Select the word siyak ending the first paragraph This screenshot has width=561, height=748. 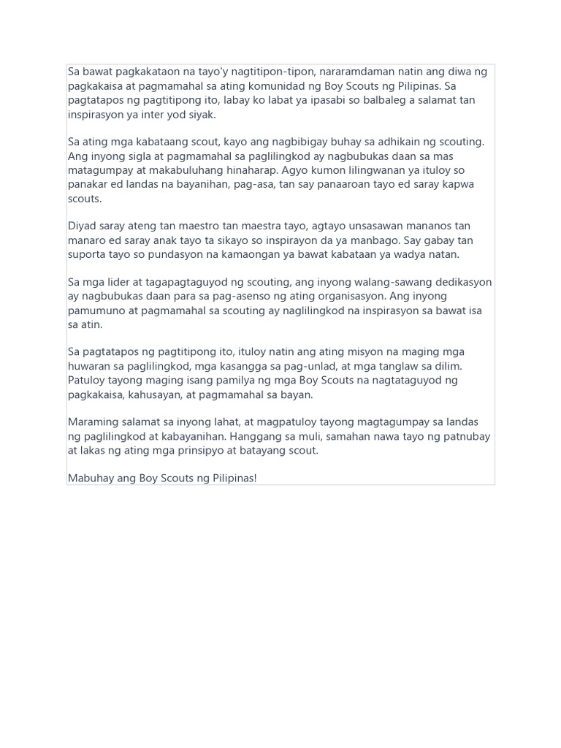201,115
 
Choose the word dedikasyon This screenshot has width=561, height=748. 460,283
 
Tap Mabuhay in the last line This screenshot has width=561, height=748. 91,478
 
